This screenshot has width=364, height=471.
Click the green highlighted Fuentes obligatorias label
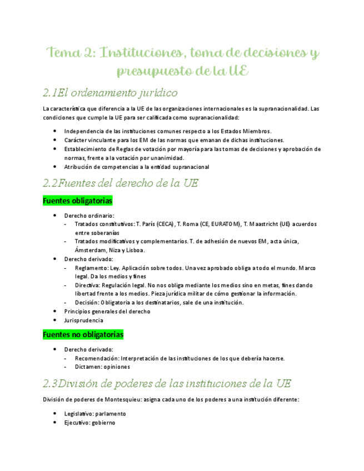tap(77, 201)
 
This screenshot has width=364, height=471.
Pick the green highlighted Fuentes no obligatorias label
tap(83, 335)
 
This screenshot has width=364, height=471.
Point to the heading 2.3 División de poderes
tap(167, 383)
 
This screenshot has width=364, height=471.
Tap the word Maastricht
tap(262, 224)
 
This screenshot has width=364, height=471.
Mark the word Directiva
tap(88, 285)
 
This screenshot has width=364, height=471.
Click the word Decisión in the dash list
tap(87, 303)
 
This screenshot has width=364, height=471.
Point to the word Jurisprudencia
tap(83, 320)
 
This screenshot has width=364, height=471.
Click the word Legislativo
tap(79, 414)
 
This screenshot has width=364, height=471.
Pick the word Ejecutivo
tap(77, 423)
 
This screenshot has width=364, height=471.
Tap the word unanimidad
tap(153, 158)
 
